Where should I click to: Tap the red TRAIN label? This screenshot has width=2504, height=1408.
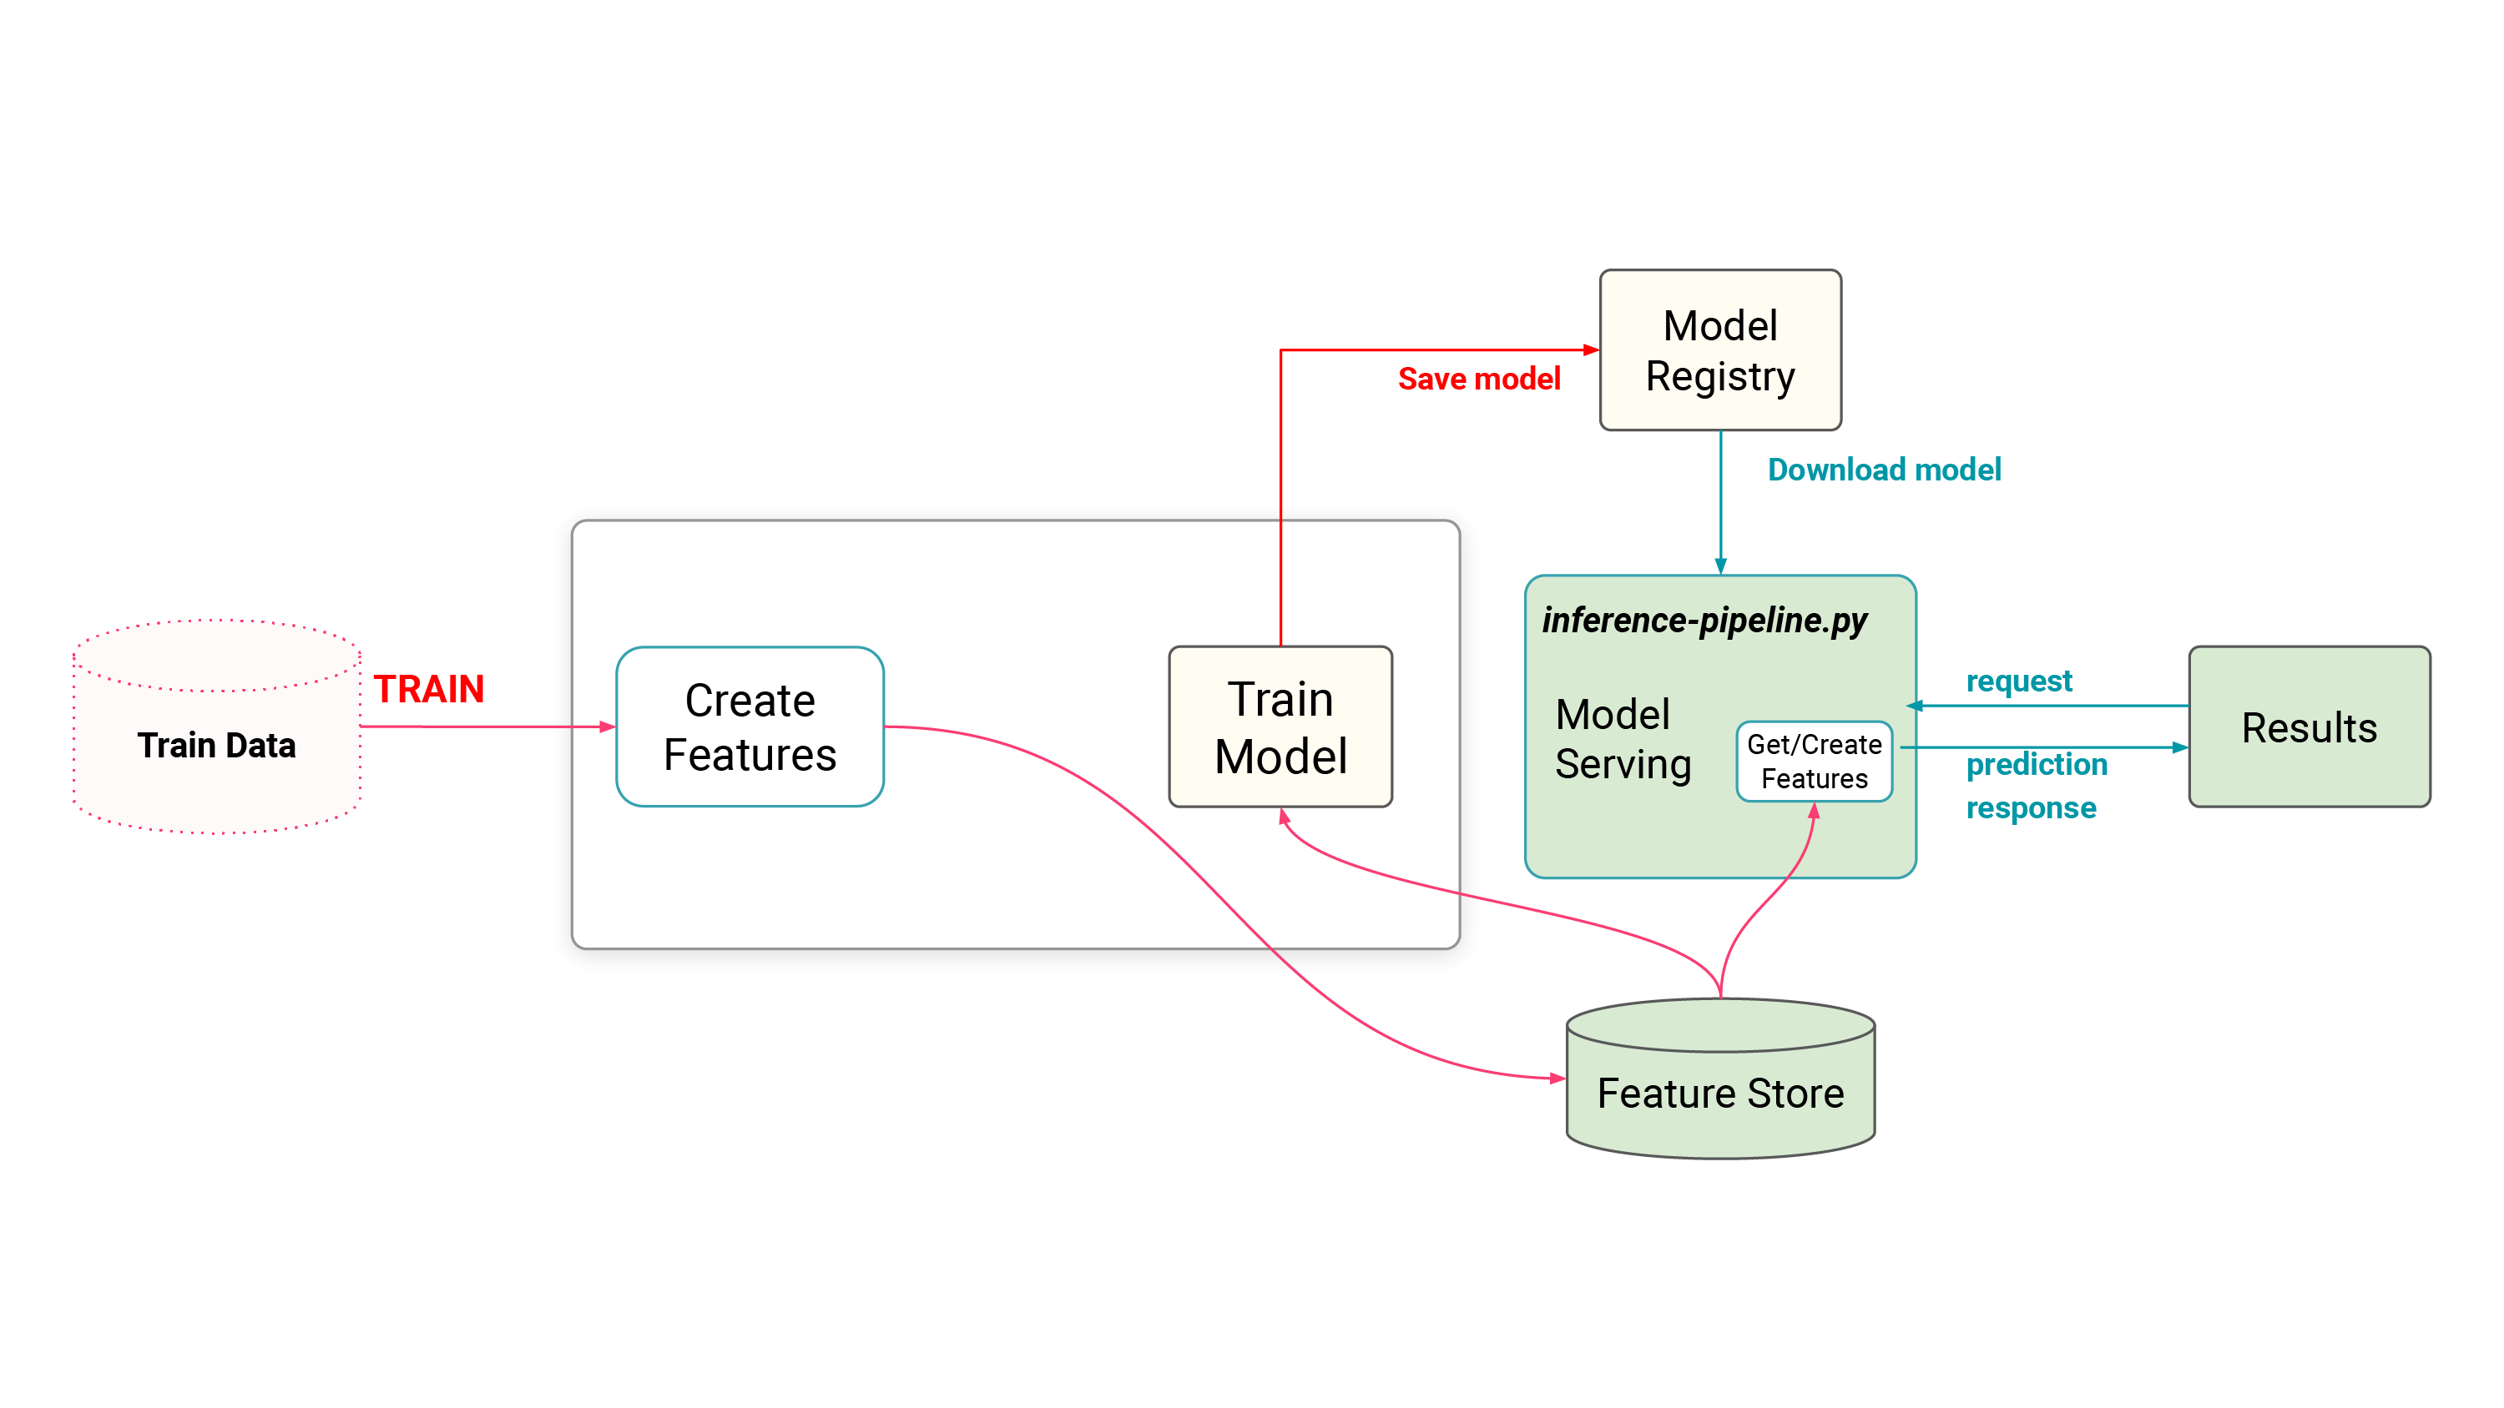(429, 689)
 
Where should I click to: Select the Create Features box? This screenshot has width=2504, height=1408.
(750, 727)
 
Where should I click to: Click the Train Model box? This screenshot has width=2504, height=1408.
(1280, 727)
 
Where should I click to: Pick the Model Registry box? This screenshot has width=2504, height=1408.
(1719, 349)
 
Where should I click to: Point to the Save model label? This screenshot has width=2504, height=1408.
(1478, 379)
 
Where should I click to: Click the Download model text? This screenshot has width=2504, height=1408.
(1884, 470)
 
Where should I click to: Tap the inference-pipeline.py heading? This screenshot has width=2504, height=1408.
(1704, 620)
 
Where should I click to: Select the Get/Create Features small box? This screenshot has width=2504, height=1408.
(1814, 761)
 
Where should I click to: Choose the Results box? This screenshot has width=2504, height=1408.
(2309, 727)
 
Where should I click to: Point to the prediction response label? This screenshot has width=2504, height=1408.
(2036, 785)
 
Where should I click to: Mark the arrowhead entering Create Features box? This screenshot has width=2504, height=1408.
(608, 727)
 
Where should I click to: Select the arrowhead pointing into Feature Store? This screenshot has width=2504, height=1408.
(1557, 1078)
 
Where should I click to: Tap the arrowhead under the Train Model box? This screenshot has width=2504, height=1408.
(1284, 817)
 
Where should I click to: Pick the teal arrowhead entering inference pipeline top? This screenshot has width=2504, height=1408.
(1720, 566)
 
